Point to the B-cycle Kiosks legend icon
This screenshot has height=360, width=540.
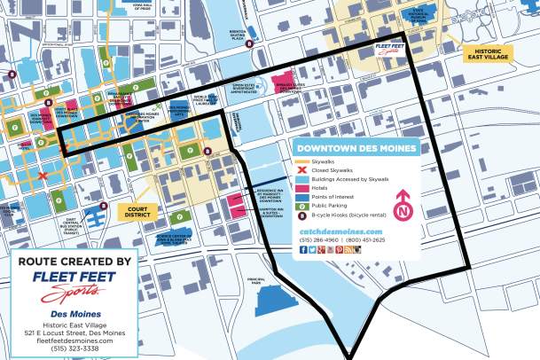tap(301, 214)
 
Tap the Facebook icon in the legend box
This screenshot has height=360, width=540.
tap(303, 249)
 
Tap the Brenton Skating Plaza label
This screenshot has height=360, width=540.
tap(238, 35)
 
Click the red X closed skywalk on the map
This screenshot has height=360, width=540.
tap(43, 176)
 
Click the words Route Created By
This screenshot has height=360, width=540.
tap(74, 262)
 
